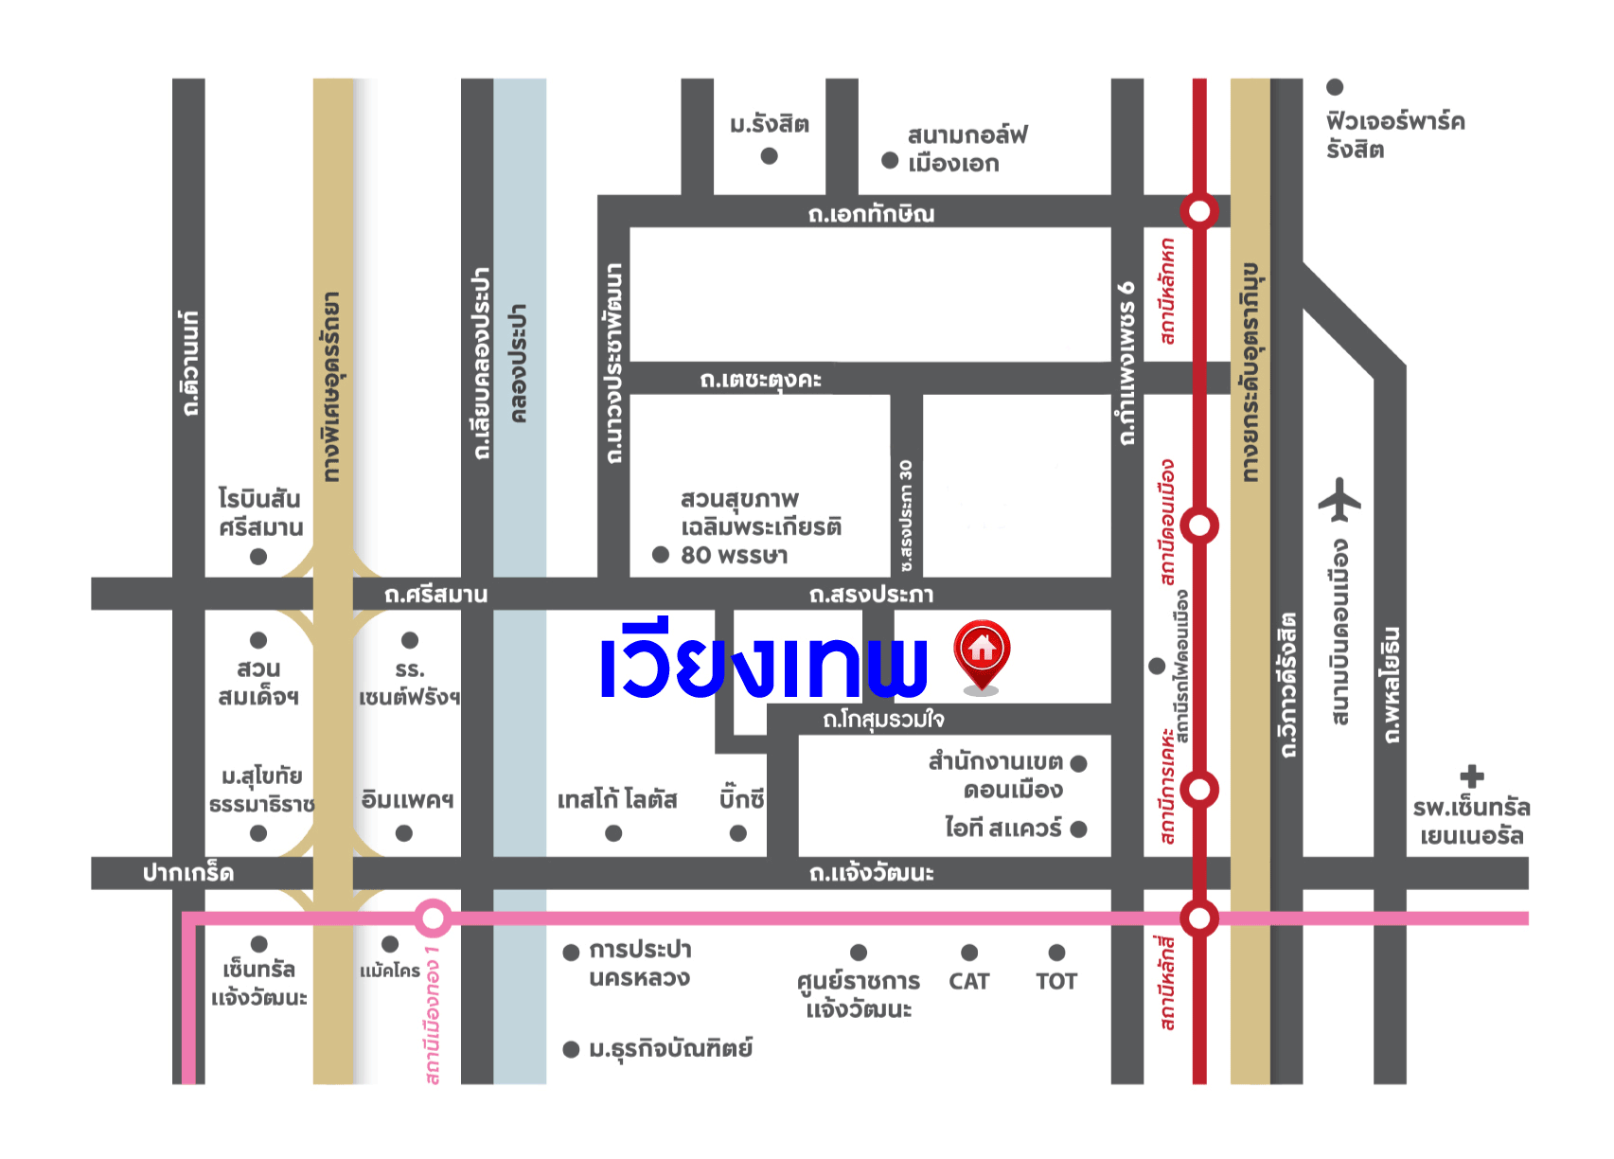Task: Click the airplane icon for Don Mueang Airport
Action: [x=1339, y=499]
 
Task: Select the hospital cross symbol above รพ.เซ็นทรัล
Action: [x=1471, y=776]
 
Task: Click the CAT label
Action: [x=968, y=981]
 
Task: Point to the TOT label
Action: [x=1056, y=981]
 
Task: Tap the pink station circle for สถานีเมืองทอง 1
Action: [x=433, y=918]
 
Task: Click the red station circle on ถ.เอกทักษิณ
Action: [x=1199, y=210]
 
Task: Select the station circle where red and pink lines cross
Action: [x=1199, y=918]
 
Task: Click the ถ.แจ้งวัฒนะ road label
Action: [x=871, y=873]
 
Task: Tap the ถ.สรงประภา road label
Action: [x=871, y=595]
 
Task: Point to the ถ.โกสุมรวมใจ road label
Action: [x=883, y=720]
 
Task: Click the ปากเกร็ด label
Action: [x=188, y=873]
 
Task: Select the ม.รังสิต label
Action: [x=770, y=125]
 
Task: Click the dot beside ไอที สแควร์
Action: [x=1078, y=829]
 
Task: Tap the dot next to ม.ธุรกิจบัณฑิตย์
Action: [x=571, y=1049]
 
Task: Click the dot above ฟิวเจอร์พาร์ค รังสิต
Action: [x=1335, y=87]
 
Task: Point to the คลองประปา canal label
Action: [x=518, y=363]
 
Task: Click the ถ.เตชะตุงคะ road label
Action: [x=760, y=380]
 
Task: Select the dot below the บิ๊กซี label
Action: [x=738, y=833]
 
